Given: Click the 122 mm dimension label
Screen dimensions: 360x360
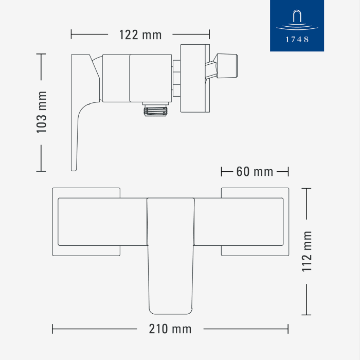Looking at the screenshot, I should coord(140,35).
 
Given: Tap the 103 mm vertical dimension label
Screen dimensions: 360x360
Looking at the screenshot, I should coord(42,112).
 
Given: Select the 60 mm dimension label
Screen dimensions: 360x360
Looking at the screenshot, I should coord(255,171).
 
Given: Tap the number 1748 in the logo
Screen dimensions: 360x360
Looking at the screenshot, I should coord(297,39).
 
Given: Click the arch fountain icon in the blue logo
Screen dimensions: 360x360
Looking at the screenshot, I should coord(297,17).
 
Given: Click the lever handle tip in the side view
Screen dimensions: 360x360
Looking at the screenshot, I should coord(73,167).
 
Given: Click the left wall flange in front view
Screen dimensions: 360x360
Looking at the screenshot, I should coord(86,222).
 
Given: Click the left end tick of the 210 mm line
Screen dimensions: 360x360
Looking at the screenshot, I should coord(53,329).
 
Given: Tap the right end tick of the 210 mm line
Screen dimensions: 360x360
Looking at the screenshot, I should coord(288,329).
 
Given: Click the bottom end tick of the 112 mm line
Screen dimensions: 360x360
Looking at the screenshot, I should coord(307,315).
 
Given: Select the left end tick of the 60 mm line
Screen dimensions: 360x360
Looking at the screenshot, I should coord(221,171).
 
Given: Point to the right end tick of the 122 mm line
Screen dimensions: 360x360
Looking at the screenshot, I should coord(209,35).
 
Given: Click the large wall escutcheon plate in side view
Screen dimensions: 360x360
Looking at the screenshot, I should coord(194,78).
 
